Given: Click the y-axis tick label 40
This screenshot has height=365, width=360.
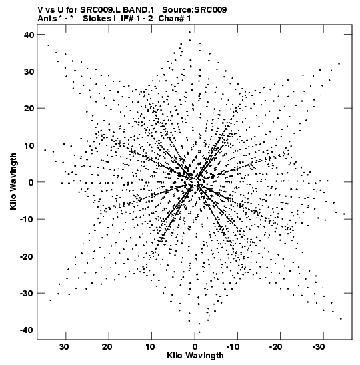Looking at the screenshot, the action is tap(29, 35).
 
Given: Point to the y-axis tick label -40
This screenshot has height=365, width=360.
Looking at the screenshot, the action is tap(27, 330).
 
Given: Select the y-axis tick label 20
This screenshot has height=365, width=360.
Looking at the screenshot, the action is tap(29, 109).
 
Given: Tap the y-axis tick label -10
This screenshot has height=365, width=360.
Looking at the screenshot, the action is tap(27, 220).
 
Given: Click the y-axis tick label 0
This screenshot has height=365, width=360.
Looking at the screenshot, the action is tap(31, 182).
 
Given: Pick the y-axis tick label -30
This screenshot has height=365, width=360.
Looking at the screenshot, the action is tap(27, 293).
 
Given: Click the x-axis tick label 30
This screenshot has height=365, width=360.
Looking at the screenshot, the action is tap(64, 347).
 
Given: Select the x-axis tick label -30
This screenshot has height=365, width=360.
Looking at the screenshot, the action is tap(319, 347).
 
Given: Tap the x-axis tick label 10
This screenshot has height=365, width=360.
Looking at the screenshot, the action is tap(150, 347).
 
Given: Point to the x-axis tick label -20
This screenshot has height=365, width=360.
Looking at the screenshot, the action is tap(275, 347).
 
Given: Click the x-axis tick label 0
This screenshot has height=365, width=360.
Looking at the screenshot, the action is tap(195, 347).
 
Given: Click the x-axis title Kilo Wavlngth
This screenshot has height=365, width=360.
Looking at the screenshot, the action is tap(195, 356).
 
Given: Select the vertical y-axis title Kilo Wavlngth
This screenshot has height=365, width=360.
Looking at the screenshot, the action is tap(13, 181).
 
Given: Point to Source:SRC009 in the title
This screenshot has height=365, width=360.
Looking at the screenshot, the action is tap(194, 10).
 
